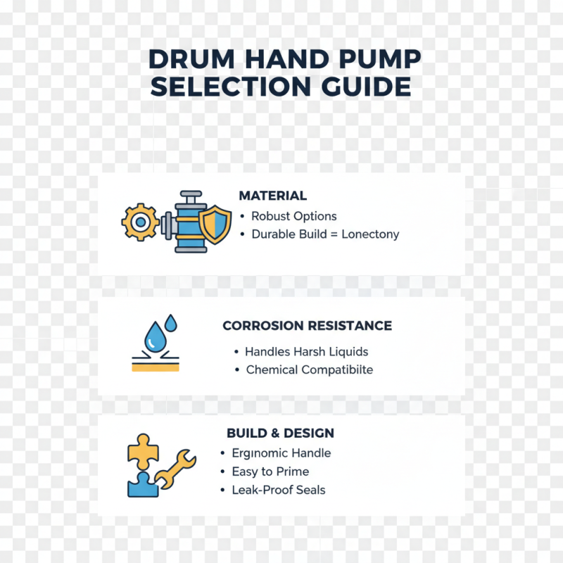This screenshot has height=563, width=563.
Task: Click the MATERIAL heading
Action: (272, 196)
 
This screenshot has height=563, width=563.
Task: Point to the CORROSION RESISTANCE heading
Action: (307, 326)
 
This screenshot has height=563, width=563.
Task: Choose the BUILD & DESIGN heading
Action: (280, 433)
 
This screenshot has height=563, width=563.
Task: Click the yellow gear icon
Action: (140, 222)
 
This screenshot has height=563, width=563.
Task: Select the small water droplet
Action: (170, 322)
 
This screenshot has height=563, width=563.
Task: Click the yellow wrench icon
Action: (174, 469)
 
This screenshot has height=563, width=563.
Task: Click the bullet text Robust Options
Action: (293, 216)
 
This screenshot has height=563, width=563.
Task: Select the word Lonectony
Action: (370, 234)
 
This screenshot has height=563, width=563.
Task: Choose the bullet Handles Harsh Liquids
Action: (306, 351)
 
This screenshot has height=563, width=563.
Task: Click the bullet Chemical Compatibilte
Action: (309, 369)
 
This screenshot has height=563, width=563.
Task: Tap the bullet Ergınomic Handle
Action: (281, 453)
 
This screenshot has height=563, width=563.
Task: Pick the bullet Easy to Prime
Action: (270, 472)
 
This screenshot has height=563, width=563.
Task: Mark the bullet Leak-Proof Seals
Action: (278, 490)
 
